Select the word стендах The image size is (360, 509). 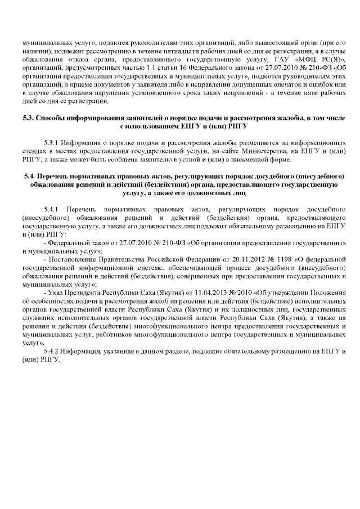[x=33, y=148]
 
